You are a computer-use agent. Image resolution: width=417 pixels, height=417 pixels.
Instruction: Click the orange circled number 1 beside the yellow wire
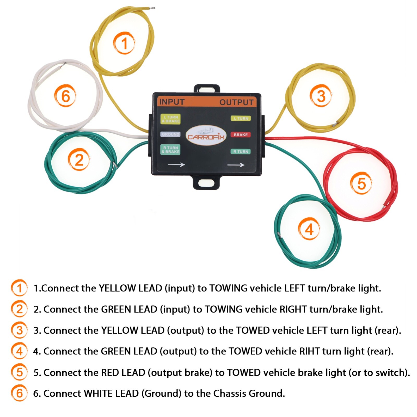(124, 43)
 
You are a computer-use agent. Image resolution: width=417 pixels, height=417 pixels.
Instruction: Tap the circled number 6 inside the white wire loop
(65, 96)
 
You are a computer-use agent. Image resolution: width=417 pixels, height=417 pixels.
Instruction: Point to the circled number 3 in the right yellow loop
(321, 96)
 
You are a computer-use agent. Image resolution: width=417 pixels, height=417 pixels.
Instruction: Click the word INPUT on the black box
(172, 102)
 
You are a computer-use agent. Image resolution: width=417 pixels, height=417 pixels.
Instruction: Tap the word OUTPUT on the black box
(236, 102)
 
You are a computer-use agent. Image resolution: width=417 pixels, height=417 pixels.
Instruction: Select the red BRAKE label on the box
(241, 135)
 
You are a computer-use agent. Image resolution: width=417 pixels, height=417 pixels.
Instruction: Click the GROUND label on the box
(170, 134)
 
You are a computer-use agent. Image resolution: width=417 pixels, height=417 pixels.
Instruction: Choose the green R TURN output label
(241, 151)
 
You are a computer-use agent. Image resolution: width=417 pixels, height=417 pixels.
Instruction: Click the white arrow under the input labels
(176, 164)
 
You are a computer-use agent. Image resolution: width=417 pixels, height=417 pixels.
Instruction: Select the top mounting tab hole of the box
(207, 89)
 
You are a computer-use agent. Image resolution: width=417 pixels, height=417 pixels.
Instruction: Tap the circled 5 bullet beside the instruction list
(19, 372)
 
